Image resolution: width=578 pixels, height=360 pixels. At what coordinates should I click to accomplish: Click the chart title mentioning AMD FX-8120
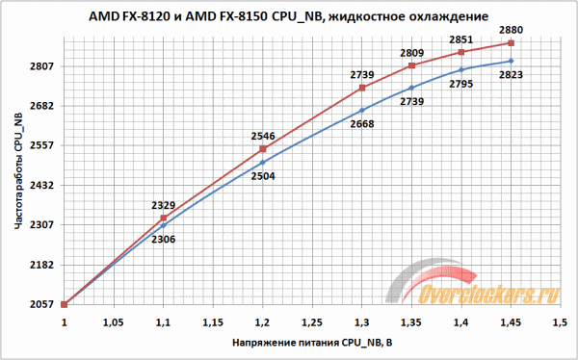288,16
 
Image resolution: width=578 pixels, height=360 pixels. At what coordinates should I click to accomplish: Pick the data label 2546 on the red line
262,137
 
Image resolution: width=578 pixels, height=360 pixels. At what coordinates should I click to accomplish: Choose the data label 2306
163,239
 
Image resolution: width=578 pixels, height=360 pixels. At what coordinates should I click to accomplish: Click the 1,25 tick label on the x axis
311,322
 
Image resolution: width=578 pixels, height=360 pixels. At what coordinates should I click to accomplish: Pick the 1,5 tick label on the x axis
560,322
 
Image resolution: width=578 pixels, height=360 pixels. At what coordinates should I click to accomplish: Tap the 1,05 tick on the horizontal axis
113,322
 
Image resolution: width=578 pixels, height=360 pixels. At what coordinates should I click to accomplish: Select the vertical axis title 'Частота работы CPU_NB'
16,169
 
